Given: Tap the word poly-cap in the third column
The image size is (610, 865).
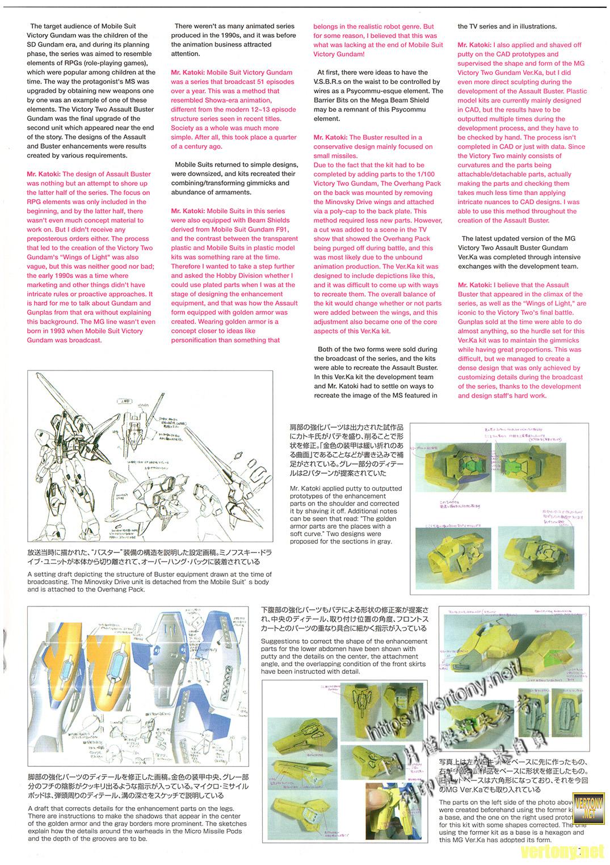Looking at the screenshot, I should tap(345, 211).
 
